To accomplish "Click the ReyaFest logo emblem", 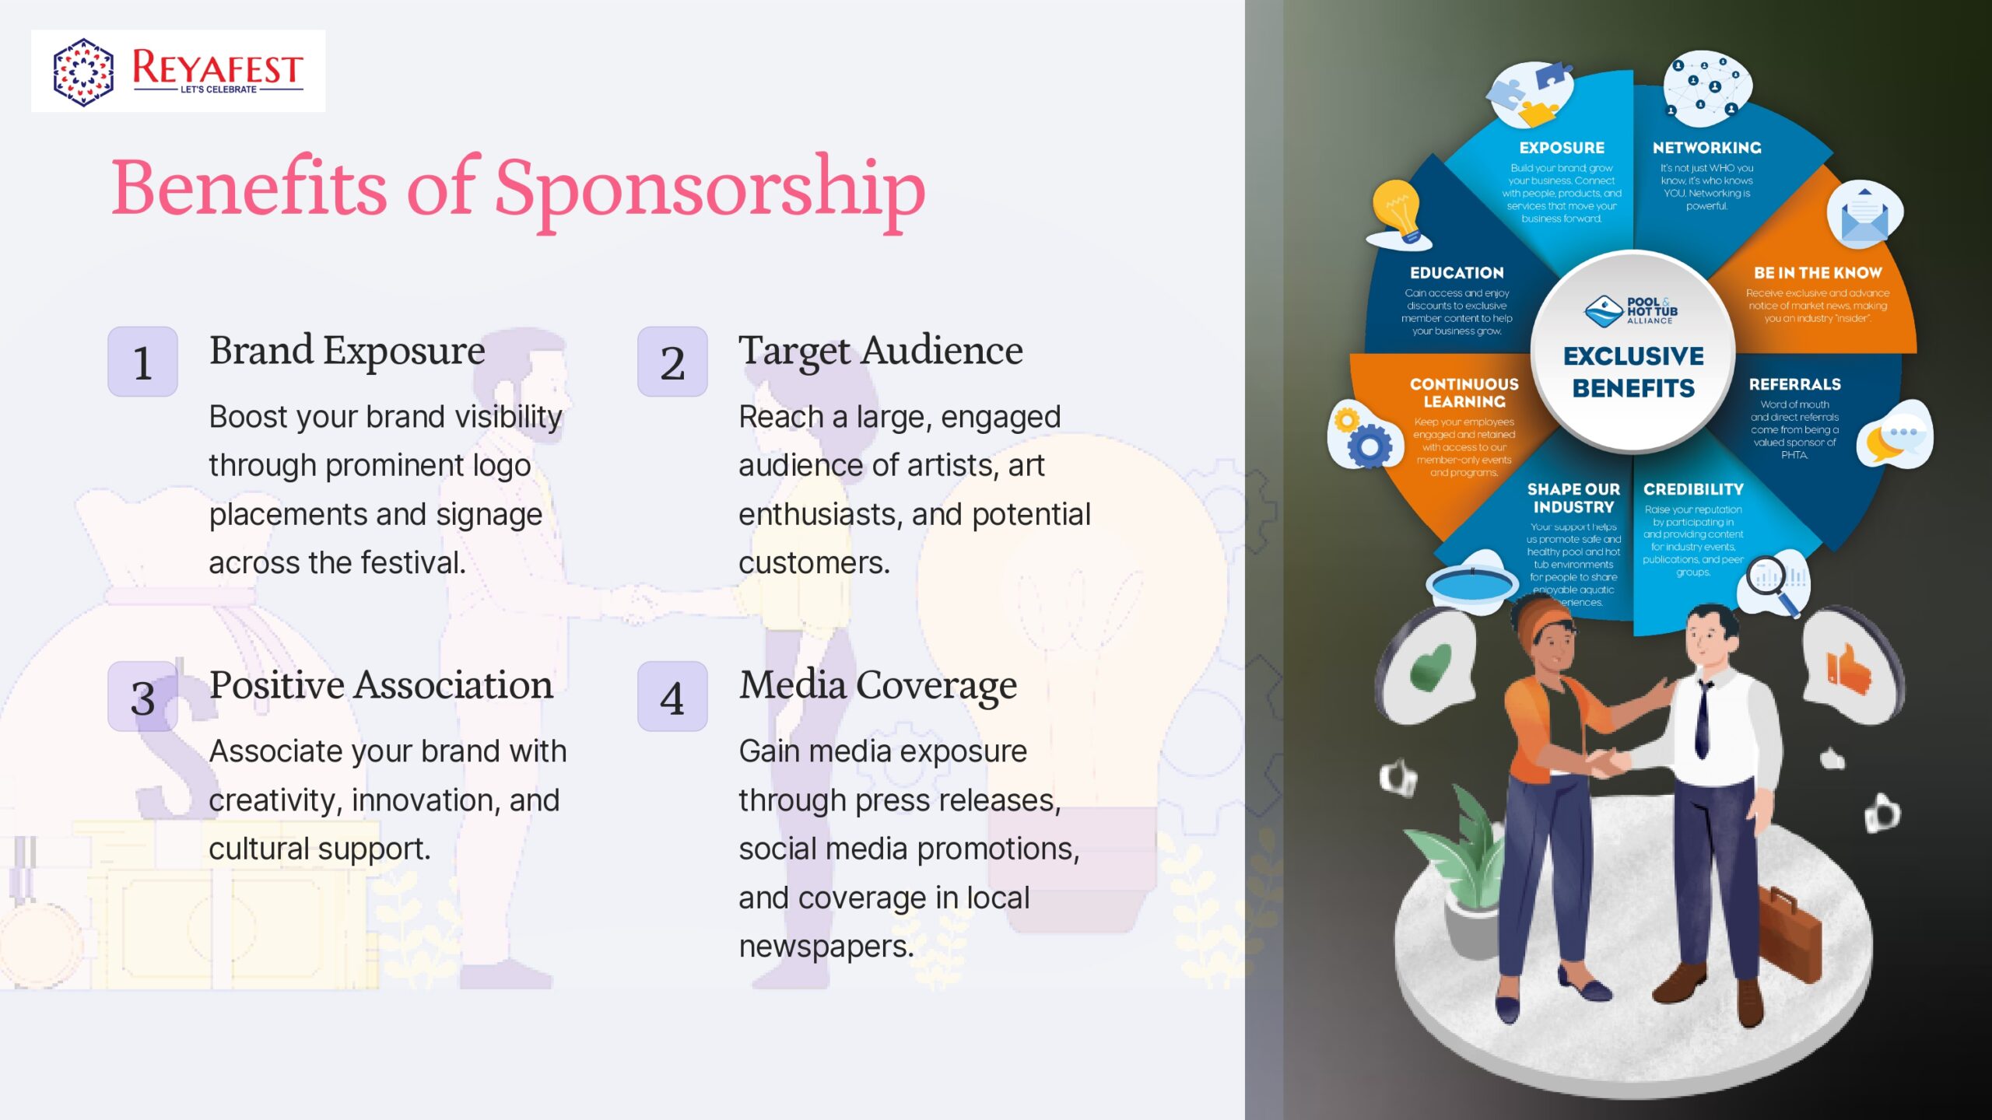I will (x=83, y=72).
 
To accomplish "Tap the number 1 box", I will (x=142, y=362).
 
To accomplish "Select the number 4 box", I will (x=672, y=697).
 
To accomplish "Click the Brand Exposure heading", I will (x=347, y=351).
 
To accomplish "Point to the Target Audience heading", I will (x=880, y=351).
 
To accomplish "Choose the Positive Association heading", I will (x=381, y=685).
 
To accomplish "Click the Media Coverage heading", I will (x=878, y=685).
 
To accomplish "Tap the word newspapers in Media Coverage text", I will (x=825, y=947).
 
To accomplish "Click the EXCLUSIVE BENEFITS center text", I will (x=1633, y=372).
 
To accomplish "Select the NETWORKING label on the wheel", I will (x=1706, y=148).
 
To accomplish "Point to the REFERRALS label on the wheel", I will (x=1794, y=384).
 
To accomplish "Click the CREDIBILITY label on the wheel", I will (x=1693, y=489).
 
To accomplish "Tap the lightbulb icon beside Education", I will (x=1398, y=212).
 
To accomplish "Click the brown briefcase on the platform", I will (x=1790, y=929).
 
